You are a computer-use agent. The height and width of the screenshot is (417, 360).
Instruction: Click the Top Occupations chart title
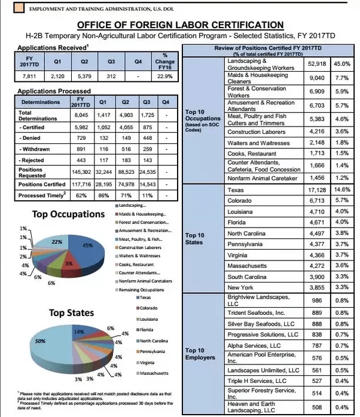click(x=68, y=214)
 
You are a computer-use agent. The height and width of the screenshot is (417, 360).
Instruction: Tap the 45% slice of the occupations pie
click(x=87, y=245)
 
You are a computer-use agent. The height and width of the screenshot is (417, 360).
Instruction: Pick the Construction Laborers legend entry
click(x=141, y=247)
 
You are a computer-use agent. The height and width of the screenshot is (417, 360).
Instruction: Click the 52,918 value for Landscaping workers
click(x=316, y=63)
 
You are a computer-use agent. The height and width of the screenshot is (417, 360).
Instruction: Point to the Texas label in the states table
click(x=236, y=189)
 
